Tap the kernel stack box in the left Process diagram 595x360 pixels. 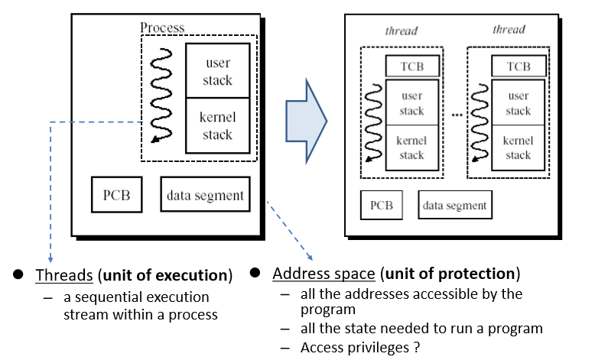pos(218,125)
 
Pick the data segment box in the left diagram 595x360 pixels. pos(205,195)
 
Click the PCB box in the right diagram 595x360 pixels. pos(382,205)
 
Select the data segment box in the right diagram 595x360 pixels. pos(455,205)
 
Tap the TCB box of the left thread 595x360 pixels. pos(411,66)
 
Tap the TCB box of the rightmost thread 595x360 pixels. pos(518,66)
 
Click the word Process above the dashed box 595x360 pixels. pos(162,28)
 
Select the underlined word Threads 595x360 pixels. pos(57,275)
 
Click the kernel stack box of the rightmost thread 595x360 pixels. pos(518,148)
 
